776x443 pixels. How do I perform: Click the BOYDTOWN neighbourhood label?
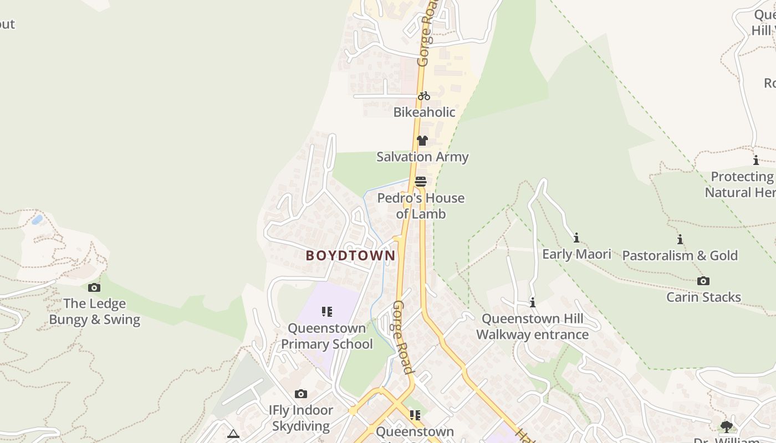351,255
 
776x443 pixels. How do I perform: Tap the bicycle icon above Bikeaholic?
424,96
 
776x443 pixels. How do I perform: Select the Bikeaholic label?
424,112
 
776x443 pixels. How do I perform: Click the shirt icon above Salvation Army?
422,141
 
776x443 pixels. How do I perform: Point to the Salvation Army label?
422,157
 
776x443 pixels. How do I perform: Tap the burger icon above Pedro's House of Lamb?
421,182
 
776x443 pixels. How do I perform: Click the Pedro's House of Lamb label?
421,206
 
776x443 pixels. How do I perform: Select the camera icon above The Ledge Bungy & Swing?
94,287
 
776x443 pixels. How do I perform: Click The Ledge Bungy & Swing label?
94,312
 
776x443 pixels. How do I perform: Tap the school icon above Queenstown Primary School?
327,312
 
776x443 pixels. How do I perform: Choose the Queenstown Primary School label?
327,336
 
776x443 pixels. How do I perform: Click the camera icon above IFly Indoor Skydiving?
301,394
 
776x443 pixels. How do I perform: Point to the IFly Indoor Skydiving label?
301,418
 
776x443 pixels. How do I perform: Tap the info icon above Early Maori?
576,238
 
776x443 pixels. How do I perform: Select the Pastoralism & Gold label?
680,255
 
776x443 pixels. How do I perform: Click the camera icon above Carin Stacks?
703,281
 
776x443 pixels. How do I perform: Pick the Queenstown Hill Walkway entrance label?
532,327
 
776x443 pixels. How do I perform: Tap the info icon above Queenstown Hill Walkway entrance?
533,302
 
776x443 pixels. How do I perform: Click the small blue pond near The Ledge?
37,220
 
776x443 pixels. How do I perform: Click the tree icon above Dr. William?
726,426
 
